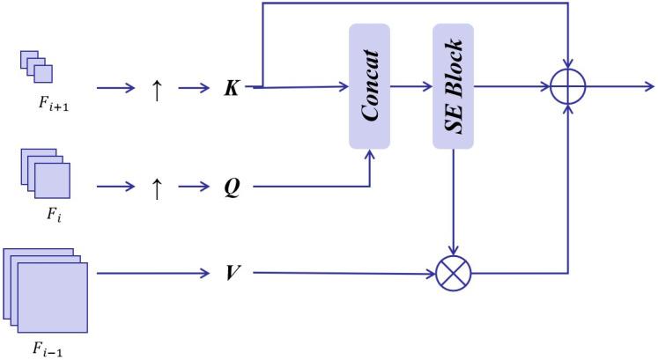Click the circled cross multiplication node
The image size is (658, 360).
[x=454, y=274]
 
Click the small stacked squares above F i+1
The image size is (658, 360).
[x=37, y=66]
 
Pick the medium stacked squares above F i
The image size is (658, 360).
[x=43, y=173]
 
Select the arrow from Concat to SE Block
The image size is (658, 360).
[x=411, y=87]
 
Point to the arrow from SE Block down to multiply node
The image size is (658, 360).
[x=454, y=202]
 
